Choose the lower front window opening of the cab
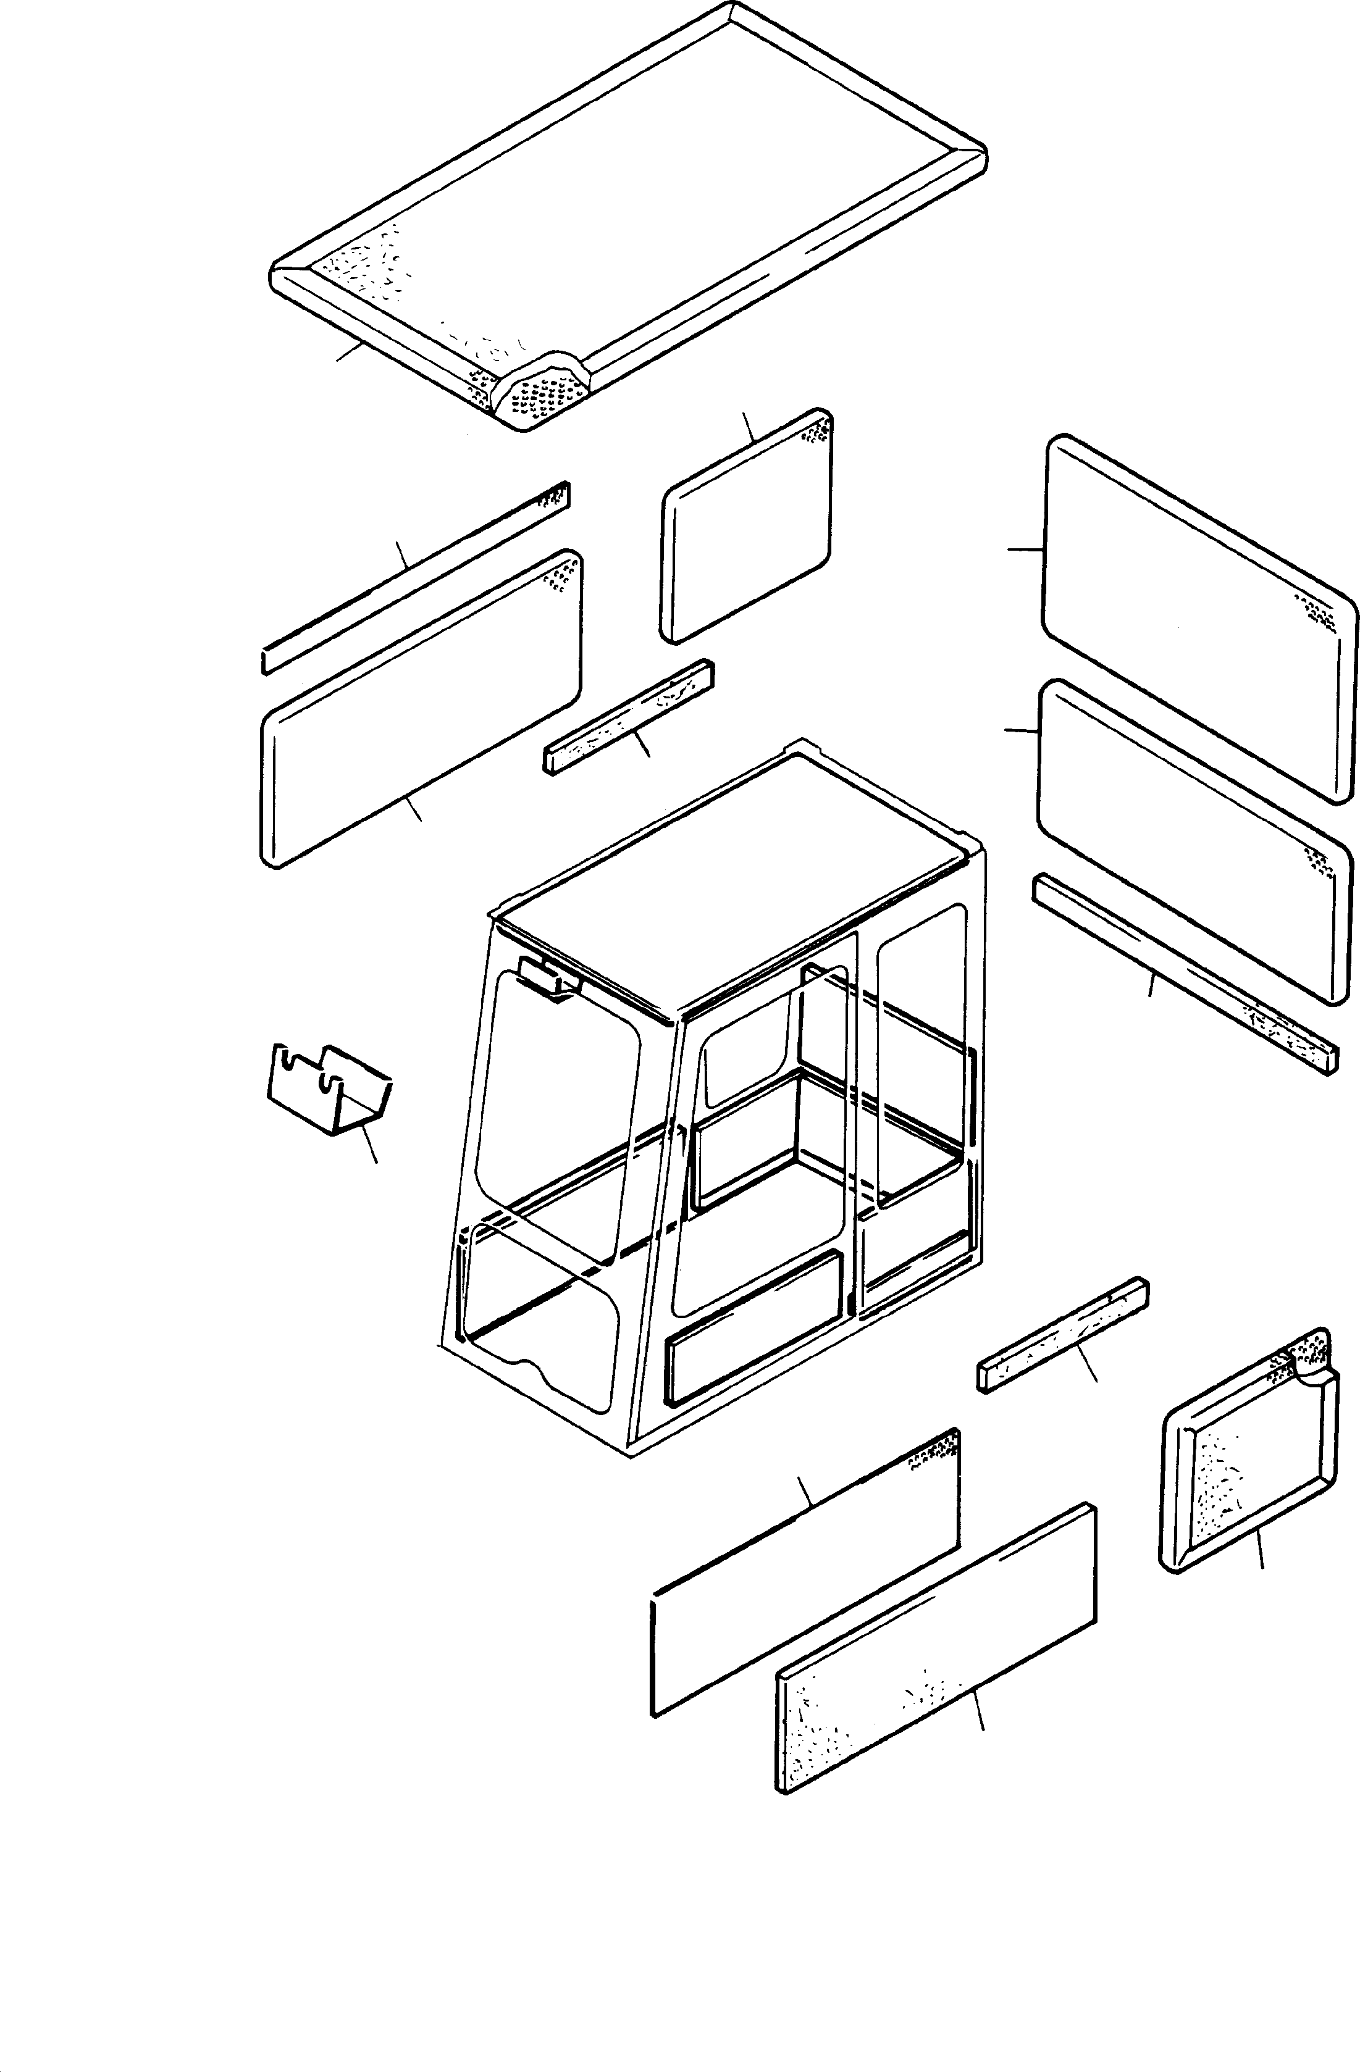(540, 1306)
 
